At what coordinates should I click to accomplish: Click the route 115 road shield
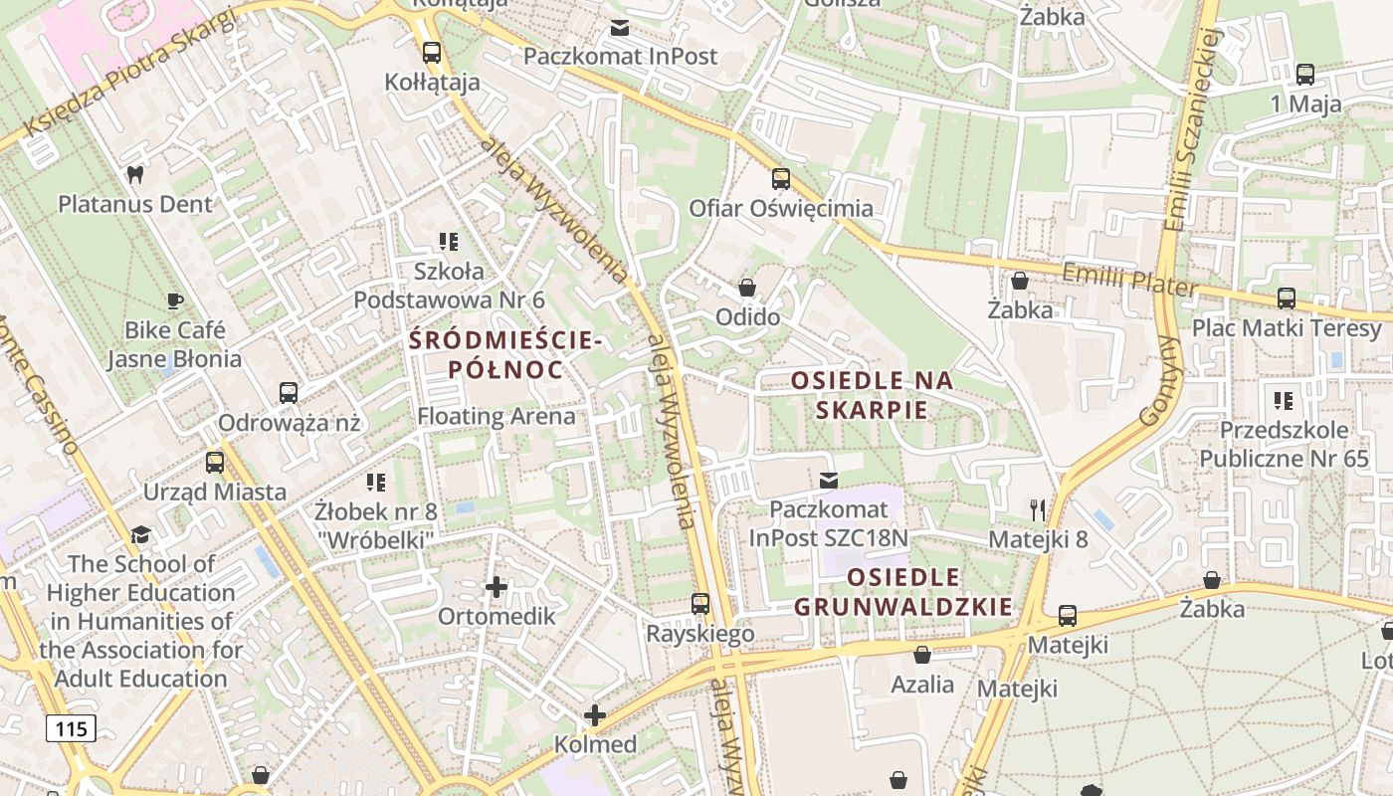pos(71,728)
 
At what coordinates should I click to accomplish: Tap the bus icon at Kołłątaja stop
pos(431,53)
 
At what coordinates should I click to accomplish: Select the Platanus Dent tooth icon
pos(134,175)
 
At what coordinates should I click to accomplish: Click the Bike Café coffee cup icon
pos(175,300)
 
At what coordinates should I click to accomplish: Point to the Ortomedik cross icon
pos(496,587)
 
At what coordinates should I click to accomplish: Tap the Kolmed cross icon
pos(595,715)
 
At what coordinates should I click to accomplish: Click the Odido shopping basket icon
pos(747,288)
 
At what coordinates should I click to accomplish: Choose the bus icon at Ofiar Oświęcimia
pos(781,179)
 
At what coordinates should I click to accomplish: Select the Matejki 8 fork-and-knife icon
pos(1038,510)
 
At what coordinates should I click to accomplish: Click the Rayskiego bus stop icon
pos(700,604)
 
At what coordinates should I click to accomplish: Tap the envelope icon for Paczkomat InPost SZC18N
pos(828,482)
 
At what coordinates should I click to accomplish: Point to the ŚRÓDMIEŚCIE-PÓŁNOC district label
pos(505,355)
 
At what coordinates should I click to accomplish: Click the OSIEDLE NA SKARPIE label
pos(872,395)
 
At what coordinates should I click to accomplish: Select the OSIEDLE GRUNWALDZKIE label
pos(904,592)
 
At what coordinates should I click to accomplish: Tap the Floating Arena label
pos(496,416)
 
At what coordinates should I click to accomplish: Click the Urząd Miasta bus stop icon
pos(215,463)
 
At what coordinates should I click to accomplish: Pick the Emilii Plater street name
pos(1128,279)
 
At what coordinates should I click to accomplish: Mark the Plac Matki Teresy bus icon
pos(1286,298)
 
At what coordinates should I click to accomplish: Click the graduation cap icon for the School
pos(140,535)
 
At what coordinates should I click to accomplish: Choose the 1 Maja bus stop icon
pos(1305,75)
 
